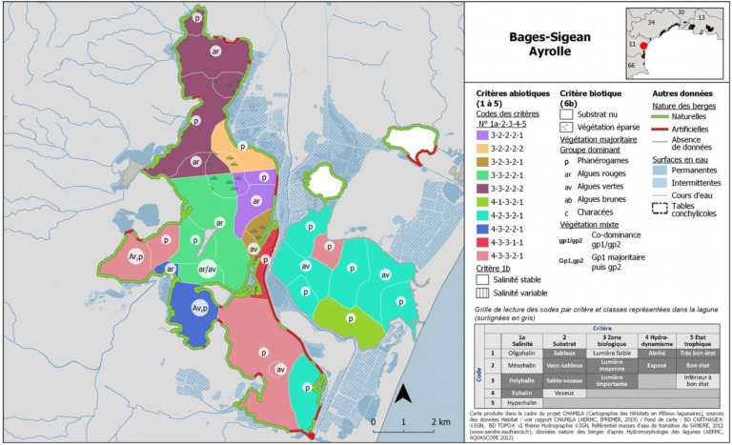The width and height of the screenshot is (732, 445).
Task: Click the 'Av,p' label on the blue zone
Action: (x=200, y=308)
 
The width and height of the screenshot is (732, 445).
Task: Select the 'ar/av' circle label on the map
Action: (x=207, y=270)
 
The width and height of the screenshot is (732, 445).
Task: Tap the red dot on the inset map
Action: (x=643, y=45)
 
